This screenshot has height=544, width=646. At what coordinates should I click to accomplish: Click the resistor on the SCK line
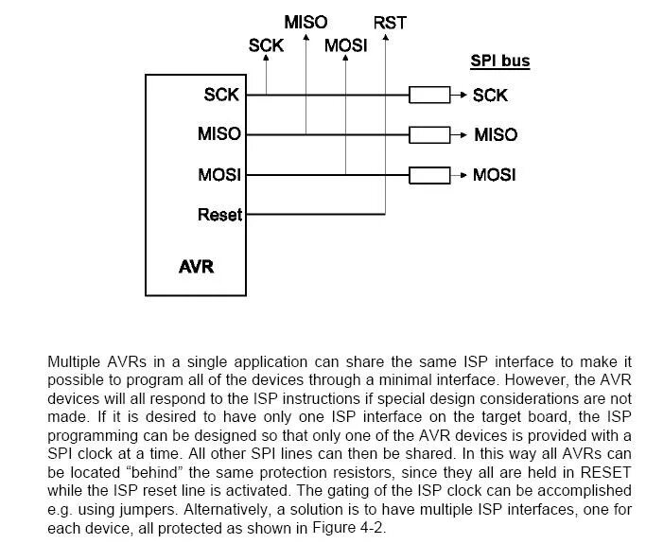[428, 95]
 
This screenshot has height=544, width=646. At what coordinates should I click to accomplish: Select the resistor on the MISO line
[428, 134]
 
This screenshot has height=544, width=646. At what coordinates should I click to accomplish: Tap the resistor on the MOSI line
[428, 174]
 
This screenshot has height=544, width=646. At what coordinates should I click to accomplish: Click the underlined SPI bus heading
[500, 61]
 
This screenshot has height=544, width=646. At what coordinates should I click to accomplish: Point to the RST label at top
[390, 22]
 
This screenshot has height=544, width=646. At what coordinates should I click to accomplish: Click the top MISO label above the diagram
[306, 21]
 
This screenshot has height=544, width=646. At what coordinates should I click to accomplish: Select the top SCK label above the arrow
[266, 45]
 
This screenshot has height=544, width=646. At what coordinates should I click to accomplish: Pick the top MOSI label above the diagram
[345, 45]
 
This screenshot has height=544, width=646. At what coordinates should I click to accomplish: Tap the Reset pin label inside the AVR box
[219, 215]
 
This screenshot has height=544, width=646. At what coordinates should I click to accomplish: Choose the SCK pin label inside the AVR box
[221, 95]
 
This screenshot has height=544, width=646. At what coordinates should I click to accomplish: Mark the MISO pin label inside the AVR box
[218, 134]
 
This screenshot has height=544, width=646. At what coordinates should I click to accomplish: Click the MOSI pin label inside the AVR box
[218, 175]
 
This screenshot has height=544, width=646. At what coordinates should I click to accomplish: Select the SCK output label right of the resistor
[490, 95]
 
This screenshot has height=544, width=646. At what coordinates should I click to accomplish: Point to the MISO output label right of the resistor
[495, 134]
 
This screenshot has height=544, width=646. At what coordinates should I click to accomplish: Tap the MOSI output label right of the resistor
[495, 175]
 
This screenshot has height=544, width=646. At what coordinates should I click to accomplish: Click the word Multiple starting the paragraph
[75, 362]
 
